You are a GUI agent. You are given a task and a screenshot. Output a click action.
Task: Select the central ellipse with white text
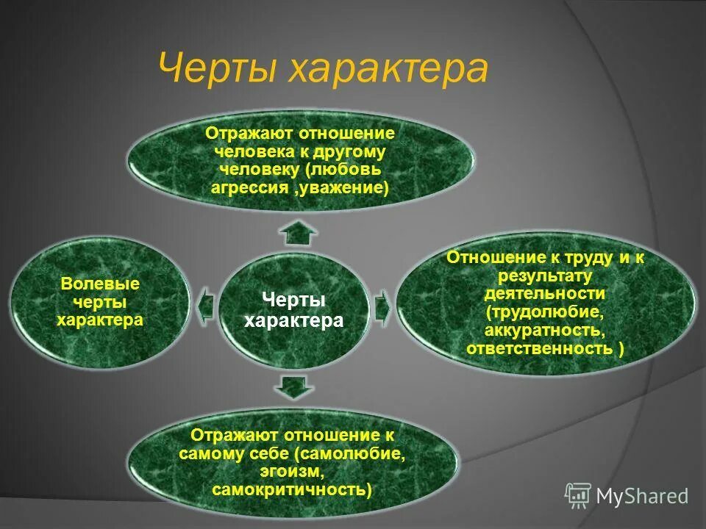[x=293, y=311]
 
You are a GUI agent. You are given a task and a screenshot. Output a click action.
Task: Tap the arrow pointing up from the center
[x=298, y=233]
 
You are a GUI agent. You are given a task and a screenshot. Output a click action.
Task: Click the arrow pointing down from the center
[x=293, y=385]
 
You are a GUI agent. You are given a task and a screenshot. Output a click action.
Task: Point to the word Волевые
[x=100, y=284]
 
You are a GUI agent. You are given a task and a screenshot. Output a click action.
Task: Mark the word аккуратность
[x=545, y=330]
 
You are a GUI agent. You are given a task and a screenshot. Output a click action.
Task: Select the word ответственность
[x=538, y=348]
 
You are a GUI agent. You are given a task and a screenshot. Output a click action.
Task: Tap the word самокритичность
[x=290, y=489]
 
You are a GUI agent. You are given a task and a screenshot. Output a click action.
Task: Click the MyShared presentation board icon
[x=578, y=495]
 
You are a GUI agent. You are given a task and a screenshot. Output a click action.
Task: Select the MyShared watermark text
[x=643, y=496]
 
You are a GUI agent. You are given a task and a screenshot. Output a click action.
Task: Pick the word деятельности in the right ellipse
[x=545, y=294]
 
